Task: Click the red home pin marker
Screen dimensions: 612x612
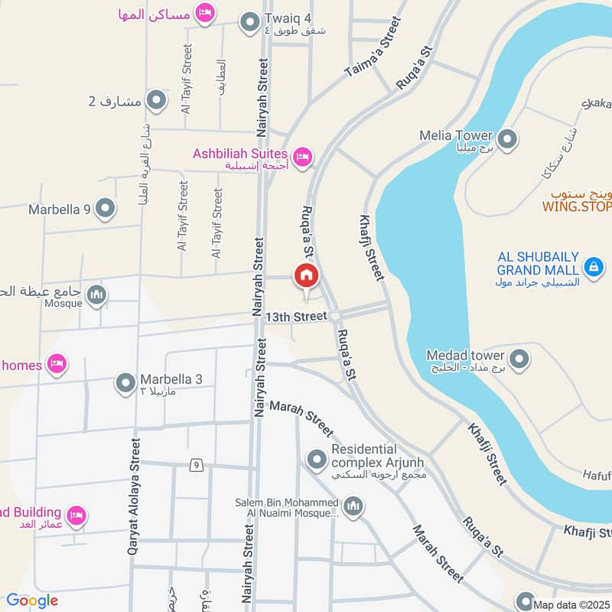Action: point(306,275)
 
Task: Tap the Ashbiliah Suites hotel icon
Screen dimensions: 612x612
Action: point(303,157)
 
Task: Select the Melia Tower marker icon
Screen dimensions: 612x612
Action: point(506,139)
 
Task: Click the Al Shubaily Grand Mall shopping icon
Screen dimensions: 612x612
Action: point(593,267)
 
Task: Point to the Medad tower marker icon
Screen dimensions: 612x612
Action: point(519,359)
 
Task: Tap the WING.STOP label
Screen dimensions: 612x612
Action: point(578,207)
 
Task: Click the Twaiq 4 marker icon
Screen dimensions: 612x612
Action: point(249,24)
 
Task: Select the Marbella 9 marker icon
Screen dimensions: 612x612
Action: point(106,208)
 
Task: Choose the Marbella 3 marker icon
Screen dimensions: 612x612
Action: point(125,383)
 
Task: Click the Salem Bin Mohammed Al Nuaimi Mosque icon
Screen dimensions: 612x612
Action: point(353,506)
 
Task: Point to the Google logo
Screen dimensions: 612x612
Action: point(32,601)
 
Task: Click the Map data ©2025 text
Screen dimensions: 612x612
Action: point(572,605)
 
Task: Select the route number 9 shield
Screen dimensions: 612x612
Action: point(197,464)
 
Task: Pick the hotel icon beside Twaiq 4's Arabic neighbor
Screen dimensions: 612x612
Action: point(204,13)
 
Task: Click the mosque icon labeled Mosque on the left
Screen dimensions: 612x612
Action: point(96,295)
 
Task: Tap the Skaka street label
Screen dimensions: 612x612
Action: point(597,103)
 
